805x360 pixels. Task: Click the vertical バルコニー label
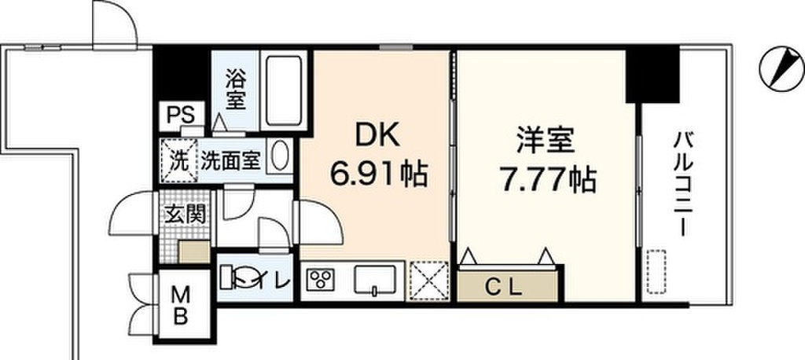tap(681, 186)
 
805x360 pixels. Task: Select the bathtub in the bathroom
tap(283, 90)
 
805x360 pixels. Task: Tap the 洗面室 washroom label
tap(230, 160)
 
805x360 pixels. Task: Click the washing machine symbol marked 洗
tap(178, 160)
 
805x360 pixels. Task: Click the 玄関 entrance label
tap(184, 215)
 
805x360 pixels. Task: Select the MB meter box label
tap(180, 307)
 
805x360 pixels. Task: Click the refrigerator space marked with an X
tap(429, 280)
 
